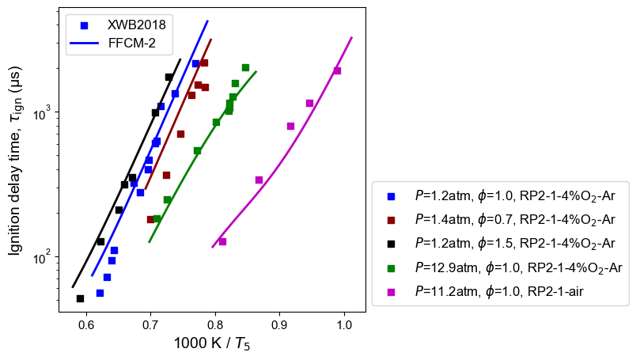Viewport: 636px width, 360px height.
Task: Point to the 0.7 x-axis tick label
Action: [x=150, y=324]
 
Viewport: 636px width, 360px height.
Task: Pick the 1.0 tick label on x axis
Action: [x=344, y=324]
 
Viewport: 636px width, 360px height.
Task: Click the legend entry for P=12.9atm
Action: [x=518, y=267]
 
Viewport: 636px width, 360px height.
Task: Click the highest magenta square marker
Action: [x=337, y=70]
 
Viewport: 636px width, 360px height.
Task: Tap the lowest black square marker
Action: [x=80, y=298]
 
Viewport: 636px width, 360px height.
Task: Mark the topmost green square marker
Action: [x=245, y=67]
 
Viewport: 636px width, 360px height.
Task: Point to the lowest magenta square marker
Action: [x=222, y=241]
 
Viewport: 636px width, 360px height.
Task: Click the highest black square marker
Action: [x=168, y=77]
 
